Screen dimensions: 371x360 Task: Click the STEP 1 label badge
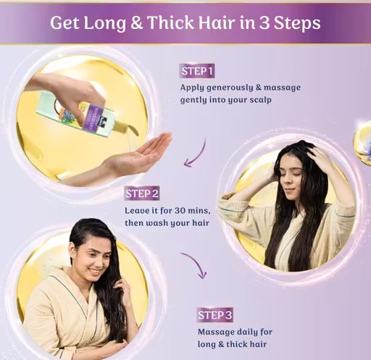197,71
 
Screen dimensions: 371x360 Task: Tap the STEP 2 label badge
142,193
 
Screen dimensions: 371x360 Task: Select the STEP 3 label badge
214,315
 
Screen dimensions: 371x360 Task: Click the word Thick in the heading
170,22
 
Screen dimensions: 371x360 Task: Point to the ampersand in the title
136,23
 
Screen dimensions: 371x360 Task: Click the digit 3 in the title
264,23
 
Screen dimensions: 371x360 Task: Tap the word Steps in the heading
297,23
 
